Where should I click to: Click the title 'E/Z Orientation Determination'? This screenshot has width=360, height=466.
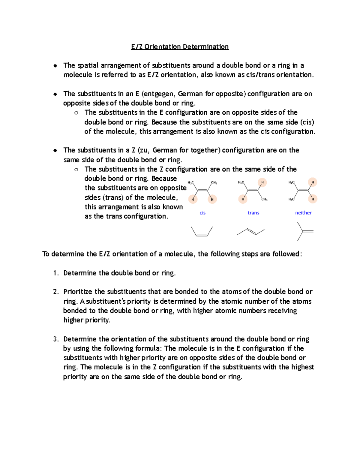180,47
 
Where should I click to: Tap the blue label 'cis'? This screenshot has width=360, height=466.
202,213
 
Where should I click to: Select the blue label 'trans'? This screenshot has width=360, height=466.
253,213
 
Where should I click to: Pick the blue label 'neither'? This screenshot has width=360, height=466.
303,213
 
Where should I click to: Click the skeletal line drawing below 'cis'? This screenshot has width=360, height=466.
202,232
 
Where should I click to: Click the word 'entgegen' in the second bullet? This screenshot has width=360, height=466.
159,94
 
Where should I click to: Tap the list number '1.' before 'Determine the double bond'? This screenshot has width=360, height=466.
56,273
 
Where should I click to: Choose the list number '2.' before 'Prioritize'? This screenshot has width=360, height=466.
56,292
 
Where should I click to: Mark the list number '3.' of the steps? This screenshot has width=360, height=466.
56,339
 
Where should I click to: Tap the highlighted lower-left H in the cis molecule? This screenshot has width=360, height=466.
193,199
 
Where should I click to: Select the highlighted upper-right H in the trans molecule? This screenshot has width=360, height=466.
262,182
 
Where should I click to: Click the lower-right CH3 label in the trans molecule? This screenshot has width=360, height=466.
264,199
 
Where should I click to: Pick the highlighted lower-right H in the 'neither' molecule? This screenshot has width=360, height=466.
313,199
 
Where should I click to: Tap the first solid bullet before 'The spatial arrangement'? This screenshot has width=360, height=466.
55,66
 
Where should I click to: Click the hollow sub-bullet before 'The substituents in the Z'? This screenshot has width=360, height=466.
76,170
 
